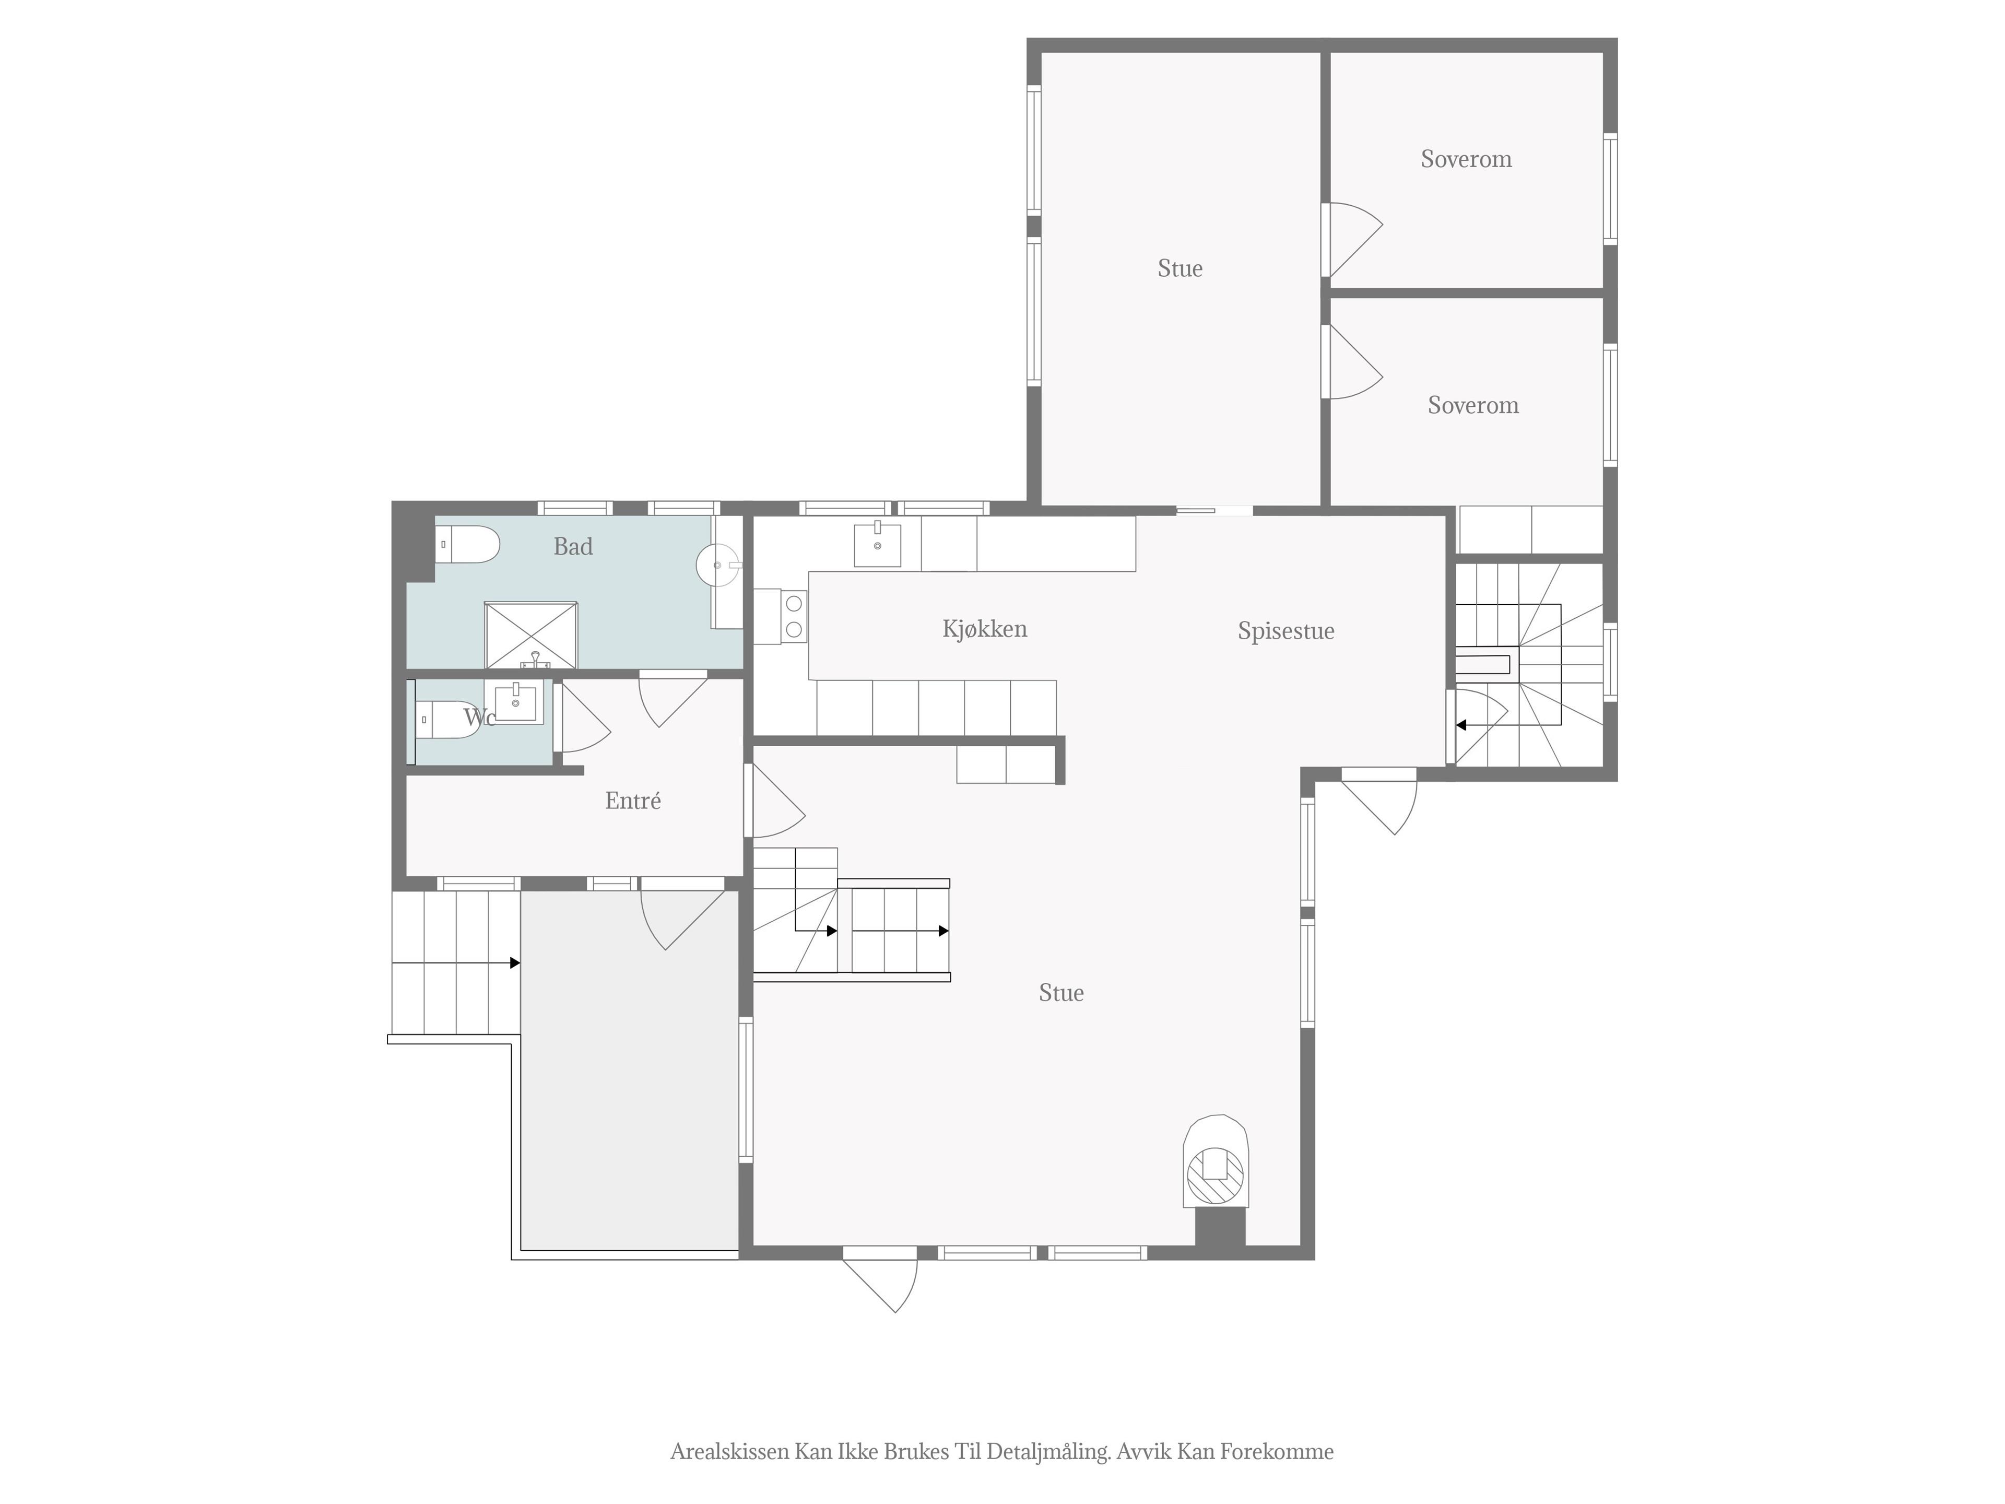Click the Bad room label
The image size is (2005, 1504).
[573, 547]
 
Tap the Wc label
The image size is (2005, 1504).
[479, 718]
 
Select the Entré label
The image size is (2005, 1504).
[633, 801]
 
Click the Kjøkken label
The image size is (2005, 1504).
[984, 629]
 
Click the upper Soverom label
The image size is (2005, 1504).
[1466, 160]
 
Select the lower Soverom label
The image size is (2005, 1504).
[1473, 405]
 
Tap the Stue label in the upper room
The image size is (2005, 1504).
[1180, 268]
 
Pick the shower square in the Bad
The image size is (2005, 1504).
[531, 636]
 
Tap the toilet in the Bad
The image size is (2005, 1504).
[468, 544]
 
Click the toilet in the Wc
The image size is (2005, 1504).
[449, 720]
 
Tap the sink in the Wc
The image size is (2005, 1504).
[516, 702]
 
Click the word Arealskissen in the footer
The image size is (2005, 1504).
[729, 1451]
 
